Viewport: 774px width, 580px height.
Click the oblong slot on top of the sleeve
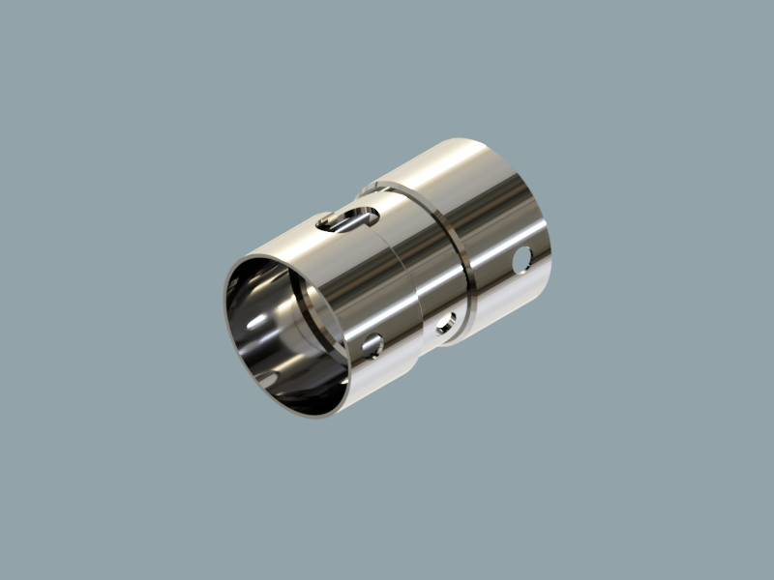344,220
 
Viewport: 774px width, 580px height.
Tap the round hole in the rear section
523,258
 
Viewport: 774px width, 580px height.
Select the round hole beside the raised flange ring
445,324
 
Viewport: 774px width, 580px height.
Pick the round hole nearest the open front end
372,343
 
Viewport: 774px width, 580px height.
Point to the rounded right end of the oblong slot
366,214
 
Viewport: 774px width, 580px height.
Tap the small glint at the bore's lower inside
266,382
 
